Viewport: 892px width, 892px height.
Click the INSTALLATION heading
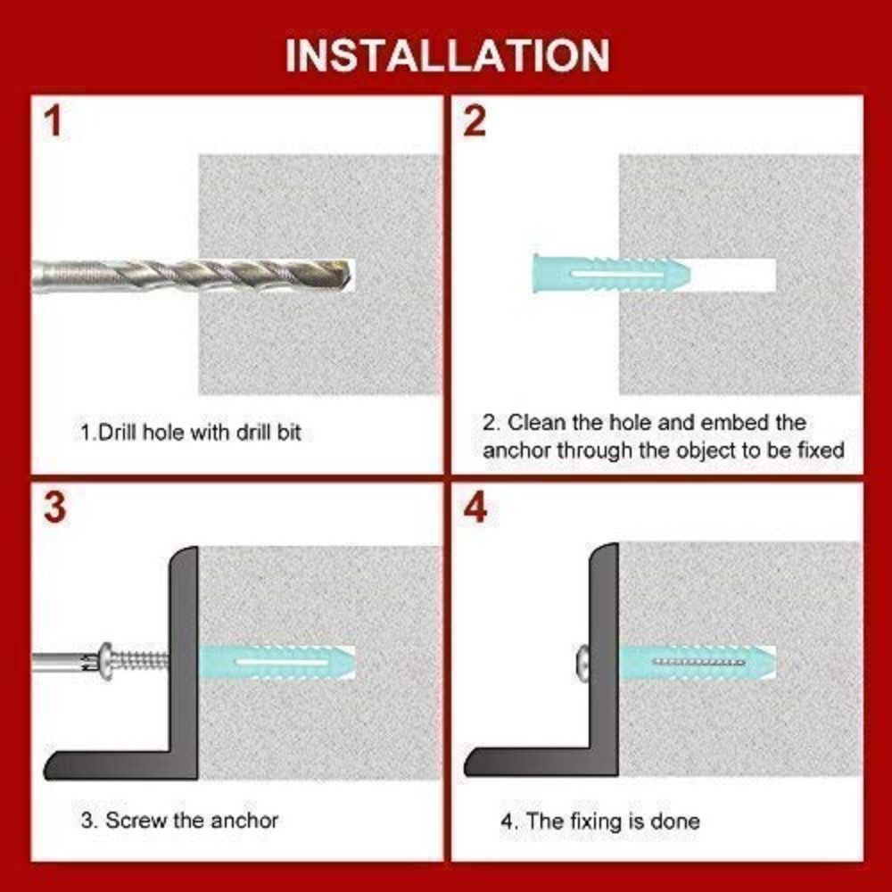point(447,54)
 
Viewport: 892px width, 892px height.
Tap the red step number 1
point(55,122)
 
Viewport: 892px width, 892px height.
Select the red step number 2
point(475,122)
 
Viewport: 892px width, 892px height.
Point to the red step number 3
point(55,508)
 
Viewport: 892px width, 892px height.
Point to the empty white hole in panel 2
point(736,275)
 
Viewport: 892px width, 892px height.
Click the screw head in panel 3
point(108,661)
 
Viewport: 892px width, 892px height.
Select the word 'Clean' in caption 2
point(538,422)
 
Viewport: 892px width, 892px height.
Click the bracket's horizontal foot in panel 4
point(535,762)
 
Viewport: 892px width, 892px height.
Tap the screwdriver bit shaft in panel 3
point(58,662)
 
